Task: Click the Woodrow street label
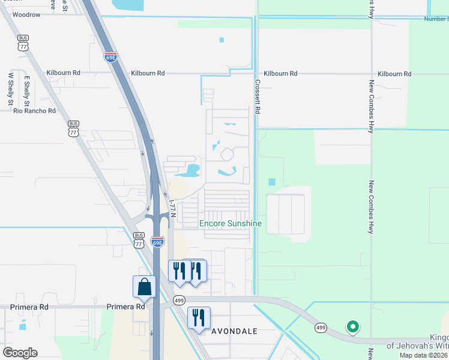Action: click(x=26, y=14)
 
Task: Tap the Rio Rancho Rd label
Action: click(x=35, y=111)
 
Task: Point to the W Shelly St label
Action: click(x=10, y=90)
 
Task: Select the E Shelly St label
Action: click(x=27, y=88)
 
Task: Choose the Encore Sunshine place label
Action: click(x=231, y=224)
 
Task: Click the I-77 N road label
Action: click(x=172, y=209)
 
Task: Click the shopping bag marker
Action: click(x=145, y=287)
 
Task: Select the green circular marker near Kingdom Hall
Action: click(x=353, y=327)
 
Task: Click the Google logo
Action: click(x=20, y=353)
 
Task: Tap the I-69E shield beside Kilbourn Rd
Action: click(x=110, y=57)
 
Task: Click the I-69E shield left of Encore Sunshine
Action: click(x=157, y=241)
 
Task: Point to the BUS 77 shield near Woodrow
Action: click(x=23, y=42)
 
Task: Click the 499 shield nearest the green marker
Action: click(x=321, y=328)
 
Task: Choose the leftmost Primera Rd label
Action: click(x=29, y=307)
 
